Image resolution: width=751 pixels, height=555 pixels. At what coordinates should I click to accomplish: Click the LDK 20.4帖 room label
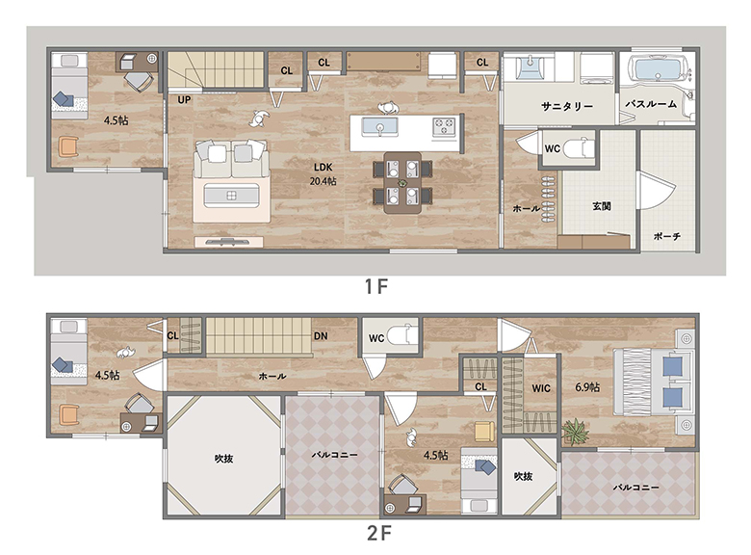tap(323, 174)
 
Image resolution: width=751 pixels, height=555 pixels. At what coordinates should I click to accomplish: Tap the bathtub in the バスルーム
tap(657, 68)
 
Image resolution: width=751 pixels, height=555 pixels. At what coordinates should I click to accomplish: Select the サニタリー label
tap(567, 106)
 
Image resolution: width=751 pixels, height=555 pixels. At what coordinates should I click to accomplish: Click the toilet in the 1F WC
tap(578, 147)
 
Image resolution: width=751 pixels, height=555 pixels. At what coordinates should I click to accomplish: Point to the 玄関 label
tap(602, 206)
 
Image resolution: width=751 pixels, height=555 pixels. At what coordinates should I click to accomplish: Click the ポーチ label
tap(667, 236)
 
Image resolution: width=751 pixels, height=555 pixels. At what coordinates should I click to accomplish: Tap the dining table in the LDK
tap(402, 183)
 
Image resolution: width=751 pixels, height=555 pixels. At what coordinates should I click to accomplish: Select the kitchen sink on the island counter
tap(379, 127)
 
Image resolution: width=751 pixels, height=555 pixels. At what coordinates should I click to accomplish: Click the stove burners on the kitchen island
tap(444, 127)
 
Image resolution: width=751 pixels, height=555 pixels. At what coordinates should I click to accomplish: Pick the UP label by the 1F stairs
tap(184, 100)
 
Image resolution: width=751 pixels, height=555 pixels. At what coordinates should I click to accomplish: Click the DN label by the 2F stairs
tap(321, 336)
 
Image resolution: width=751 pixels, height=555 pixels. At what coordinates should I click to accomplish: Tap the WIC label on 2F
tap(541, 388)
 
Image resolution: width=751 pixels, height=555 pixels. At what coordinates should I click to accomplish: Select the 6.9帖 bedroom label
tap(587, 386)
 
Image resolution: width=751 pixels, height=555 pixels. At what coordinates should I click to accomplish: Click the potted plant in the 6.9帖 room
tap(575, 432)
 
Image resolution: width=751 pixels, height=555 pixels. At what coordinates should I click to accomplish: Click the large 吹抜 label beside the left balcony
tap(223, 459)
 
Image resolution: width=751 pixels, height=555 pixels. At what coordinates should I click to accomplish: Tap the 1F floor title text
tap(375, 286)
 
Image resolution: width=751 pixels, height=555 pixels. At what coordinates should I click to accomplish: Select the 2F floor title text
tap(378, 533)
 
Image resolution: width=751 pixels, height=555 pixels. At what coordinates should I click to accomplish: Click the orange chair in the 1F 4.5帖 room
tap(68, 146)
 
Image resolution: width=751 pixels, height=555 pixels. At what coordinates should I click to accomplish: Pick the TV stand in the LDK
tap(228, 242)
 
